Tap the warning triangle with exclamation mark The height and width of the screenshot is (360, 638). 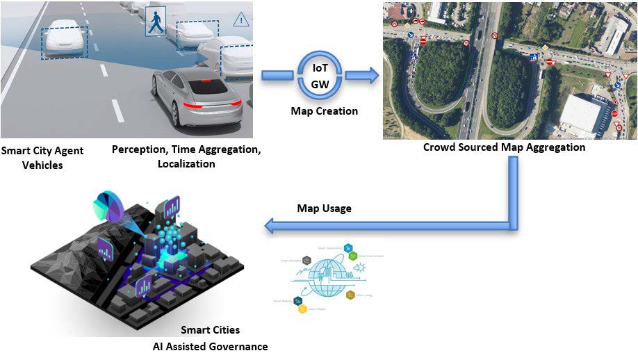coord(241,18)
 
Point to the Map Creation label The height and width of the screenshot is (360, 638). coord(325,111)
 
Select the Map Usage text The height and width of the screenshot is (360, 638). coord(325,208)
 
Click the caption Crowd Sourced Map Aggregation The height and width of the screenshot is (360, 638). coord(505,147)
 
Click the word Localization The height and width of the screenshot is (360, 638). coord(186,164)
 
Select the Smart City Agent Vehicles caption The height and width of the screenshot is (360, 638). coord(42,158)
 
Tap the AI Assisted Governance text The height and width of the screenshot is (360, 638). coord(211,346)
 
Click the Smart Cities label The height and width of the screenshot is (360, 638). coord(210,330)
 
